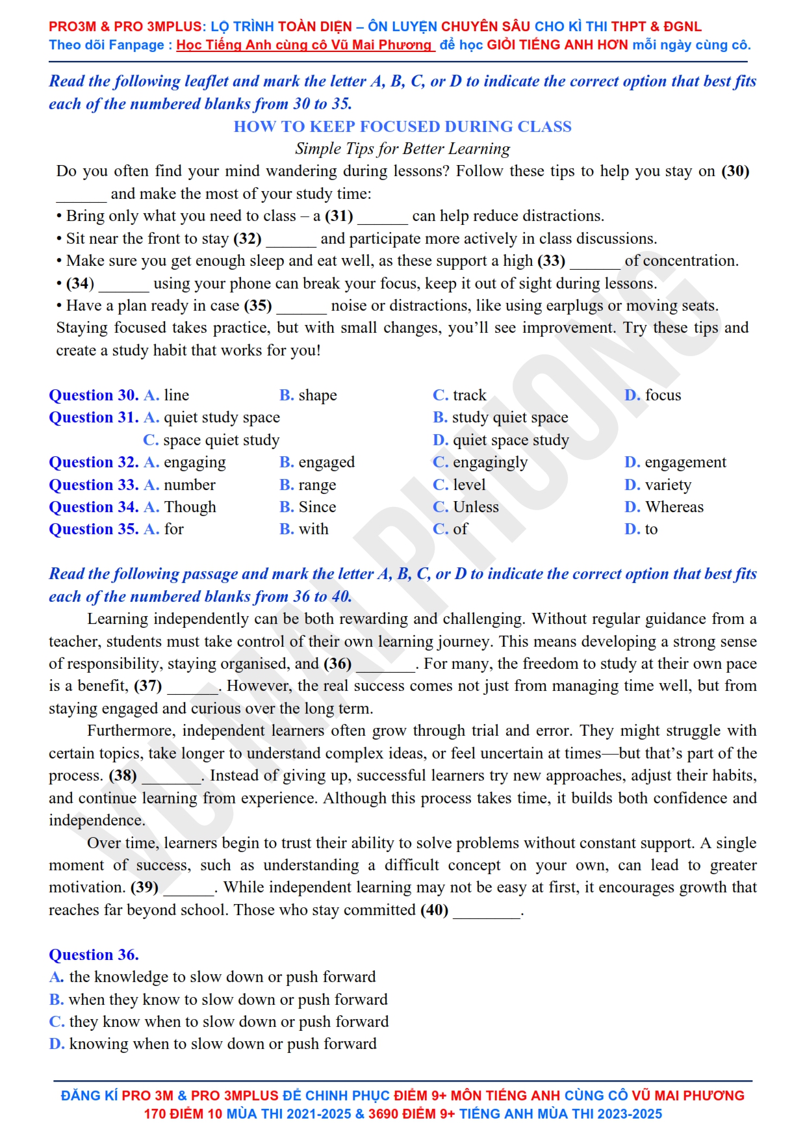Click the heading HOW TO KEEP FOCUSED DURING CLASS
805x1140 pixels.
point(402,126)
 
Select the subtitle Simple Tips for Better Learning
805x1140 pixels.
point(402,149)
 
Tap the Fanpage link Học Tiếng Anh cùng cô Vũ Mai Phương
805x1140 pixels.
point(304,45)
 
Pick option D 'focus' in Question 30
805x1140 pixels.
point(653,395)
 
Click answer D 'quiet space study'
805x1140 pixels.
point(501,440)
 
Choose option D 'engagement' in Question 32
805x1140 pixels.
point(675,462)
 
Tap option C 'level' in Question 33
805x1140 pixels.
point(459,485)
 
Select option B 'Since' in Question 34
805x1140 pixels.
point(308,507)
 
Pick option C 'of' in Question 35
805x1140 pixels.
point(450,529)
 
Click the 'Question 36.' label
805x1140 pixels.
point(94,955)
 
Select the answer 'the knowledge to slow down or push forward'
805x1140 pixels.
point(212,977)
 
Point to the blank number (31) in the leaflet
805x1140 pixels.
point(339,216)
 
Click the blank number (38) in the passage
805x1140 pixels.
point(123,775)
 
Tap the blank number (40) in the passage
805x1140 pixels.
point(435,910)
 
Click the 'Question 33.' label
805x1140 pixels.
point(94,485)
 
